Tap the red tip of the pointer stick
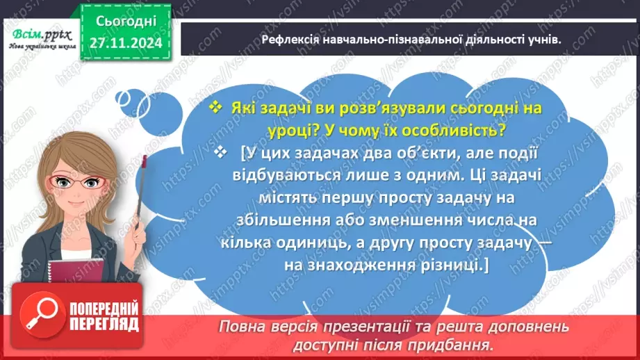point(145,161)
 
